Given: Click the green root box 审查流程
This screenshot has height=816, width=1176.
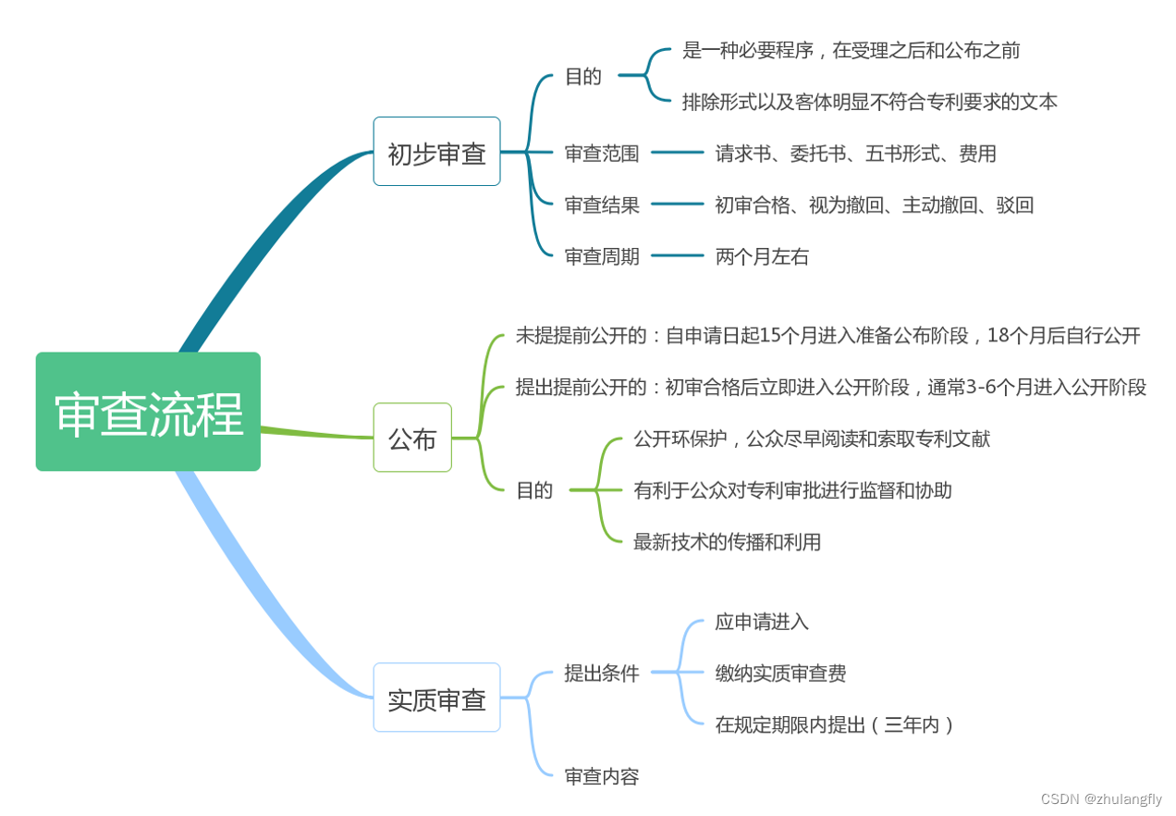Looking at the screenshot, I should (148, 412).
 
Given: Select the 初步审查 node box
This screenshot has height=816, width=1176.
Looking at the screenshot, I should (436, 152).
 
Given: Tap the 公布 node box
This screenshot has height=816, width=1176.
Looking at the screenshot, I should (412, 438).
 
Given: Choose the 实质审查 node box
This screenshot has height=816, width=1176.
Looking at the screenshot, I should (436, 698).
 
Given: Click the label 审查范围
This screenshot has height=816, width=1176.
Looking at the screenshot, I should (602, 154).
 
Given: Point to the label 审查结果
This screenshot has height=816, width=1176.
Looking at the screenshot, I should (602, 205).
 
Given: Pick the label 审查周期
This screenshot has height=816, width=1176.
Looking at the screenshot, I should (602, 257).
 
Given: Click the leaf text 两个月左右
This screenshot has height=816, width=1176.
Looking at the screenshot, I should (762, 257).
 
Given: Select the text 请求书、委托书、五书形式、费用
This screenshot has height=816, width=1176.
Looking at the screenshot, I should (855, 154).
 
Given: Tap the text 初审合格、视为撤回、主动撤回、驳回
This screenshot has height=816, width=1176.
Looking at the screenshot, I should (874, 205).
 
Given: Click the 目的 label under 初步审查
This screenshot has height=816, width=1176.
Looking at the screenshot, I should (583, 77).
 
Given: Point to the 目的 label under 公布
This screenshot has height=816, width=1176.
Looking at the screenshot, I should (534, 490).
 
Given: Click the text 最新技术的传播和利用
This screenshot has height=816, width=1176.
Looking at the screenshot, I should (727, 542).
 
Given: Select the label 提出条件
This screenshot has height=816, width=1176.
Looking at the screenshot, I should (602, 674).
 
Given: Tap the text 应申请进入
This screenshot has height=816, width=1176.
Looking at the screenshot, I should (762, 622).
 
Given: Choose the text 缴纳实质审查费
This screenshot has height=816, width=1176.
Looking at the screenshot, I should (780, 674).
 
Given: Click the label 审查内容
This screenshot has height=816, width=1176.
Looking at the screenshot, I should (602, 777).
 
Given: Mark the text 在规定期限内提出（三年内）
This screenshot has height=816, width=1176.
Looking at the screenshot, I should (835, 725).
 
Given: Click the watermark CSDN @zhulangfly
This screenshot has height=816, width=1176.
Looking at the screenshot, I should (1101, 799).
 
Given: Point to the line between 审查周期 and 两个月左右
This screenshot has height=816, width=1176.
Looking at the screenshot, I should (678, 255).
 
